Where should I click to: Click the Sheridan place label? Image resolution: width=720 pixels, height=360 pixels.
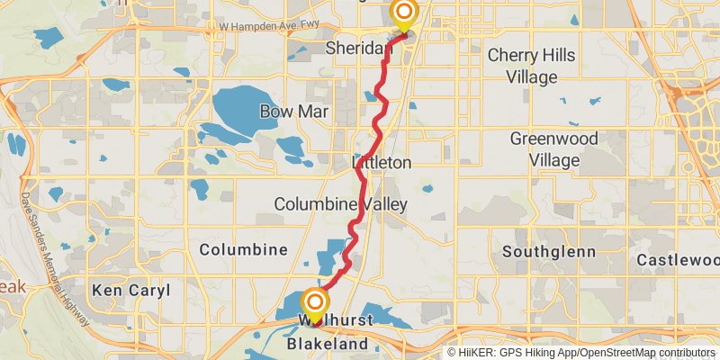click(x=359, y=47)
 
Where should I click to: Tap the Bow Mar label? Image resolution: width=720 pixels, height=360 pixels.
click(x=294, y=112)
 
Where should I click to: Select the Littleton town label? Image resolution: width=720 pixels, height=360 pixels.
click(x=382, y=163)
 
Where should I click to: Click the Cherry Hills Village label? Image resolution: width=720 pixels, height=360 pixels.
click(x=535, y=66)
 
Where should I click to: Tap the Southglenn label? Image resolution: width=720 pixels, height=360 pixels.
click(x=548, y=251)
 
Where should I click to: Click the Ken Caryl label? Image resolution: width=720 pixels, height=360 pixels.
click(x=123, y=290)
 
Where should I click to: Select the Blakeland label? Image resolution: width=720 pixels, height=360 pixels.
click(x=328, y=344)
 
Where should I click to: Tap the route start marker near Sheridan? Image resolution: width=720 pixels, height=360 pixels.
click(x=404, y=13)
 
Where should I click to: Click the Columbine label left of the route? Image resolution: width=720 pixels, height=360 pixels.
click(x=243, y=248)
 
